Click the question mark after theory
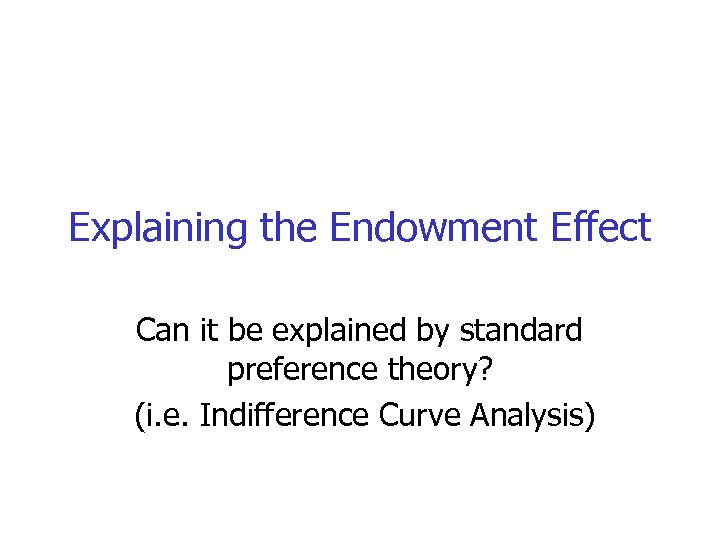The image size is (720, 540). (x=486, y=370)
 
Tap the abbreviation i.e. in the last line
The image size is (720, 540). (x=166, y=413)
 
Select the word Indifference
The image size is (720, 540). (x=283, y=413)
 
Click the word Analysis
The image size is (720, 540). (x=524, y=414)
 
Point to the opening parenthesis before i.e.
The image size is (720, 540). (x=139, y=414)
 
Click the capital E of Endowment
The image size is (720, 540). (x=340, y=229)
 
